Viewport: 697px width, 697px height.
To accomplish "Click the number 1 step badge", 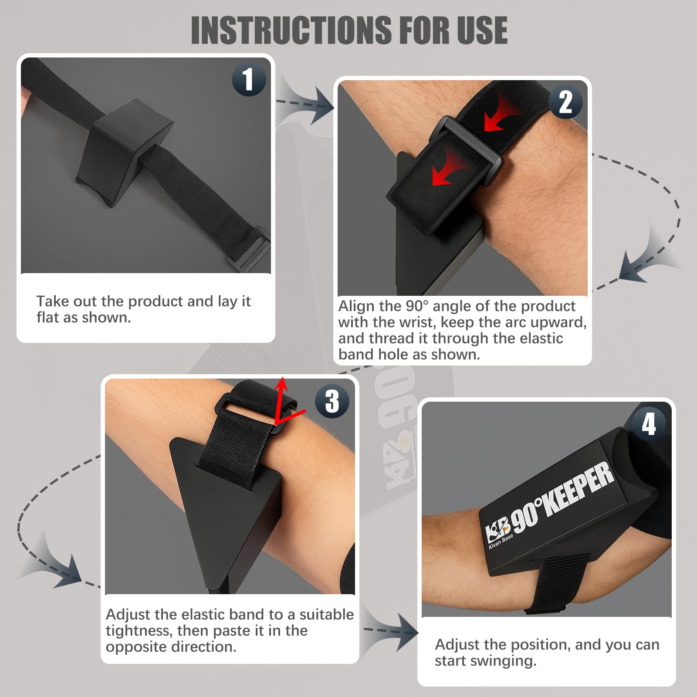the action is click(249, 79).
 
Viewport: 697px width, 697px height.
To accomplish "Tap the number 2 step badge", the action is click(565, 102).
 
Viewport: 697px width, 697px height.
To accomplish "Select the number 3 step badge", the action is click(332, 401).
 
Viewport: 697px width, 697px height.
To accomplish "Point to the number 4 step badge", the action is click(649, 424).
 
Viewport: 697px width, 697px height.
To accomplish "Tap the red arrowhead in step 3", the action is click(282, 383).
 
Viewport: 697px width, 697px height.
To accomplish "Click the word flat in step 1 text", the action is click(48, 317).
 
